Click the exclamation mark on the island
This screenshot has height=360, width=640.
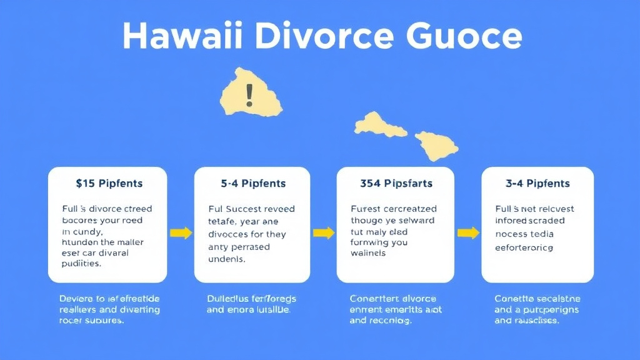pos(249,95)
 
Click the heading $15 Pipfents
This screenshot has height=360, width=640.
pos(109,183)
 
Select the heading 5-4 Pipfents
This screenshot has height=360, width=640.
pos(253,183)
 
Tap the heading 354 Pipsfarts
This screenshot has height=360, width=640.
pos(396,183)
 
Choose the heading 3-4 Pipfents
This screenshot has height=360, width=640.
pos(537,183)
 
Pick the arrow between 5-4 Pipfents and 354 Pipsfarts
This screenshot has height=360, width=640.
pos(323,233)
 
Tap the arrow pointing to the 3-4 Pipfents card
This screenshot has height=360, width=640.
pos(467,233)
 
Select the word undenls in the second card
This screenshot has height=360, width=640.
pos(227,259)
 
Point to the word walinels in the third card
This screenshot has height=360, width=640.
pos(368,253)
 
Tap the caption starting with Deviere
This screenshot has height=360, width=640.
pos(109,309)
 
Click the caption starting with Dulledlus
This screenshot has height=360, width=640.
pos(252,304)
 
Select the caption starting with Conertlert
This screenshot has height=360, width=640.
pos(393,309)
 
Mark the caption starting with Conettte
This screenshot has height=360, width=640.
pos(537,309)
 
